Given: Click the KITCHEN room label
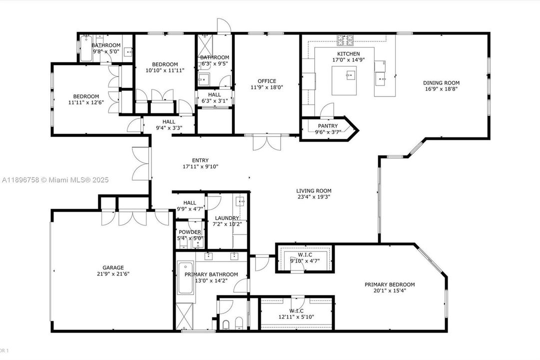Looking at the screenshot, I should coord(348,53).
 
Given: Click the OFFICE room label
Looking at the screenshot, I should coord(267,81).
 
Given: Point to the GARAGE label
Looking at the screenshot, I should coord(113,267).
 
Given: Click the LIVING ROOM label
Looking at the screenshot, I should coord(313,190).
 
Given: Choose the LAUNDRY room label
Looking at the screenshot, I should coord(227,218).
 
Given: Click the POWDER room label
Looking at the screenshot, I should coord(190,232).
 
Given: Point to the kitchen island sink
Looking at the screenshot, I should coord(349,75).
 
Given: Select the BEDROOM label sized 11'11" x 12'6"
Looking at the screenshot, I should coord(86,96).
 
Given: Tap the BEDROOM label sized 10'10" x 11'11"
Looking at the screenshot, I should coord(165,64).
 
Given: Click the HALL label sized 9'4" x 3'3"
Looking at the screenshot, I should coord(168,121).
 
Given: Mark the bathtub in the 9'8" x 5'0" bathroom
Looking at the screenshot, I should coord(86,48).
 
